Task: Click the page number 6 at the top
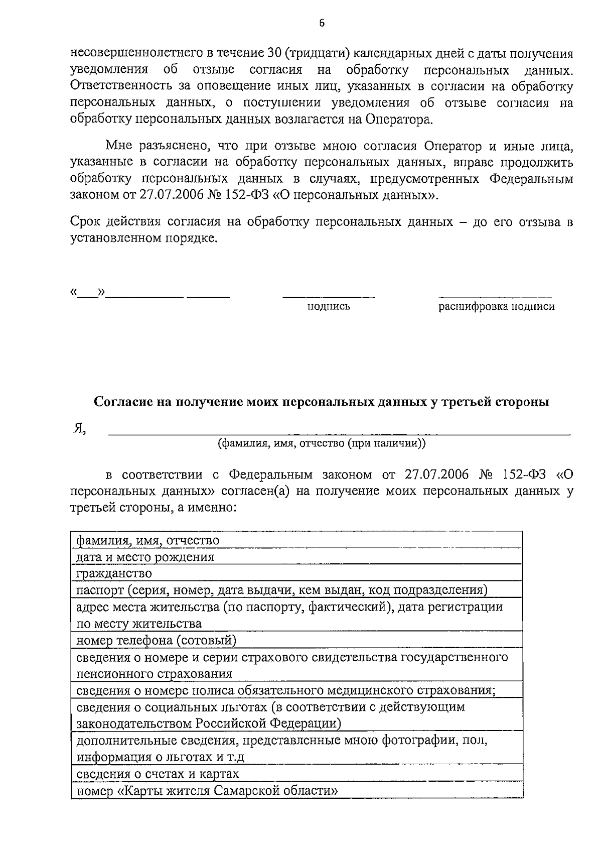point(322,23)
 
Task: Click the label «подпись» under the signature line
point(329,307)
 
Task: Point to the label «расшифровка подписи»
point(497,307)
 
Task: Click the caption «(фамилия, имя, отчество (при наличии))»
point(321,443)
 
